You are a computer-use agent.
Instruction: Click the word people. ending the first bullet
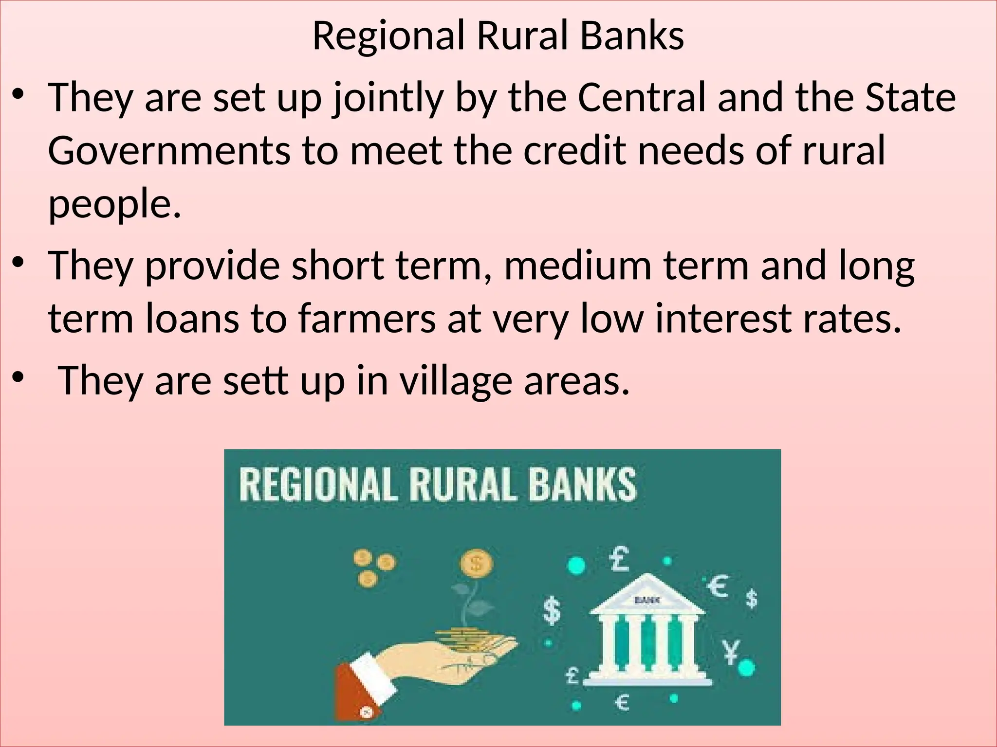pyautogui.click(x=115, y=204)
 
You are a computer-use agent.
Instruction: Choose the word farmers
pyautogui.click(x=367, y=319)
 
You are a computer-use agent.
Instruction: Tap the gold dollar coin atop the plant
pyautogui.click(x=476, y=564)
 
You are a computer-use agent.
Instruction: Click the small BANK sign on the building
pyautogui.click(x=647, y=600)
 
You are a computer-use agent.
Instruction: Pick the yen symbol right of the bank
pyautogui.click(x=730, y=651)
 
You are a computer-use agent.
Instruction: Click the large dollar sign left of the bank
pyautogui.click(x=552, y=611)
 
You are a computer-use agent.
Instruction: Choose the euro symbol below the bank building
pyautogui.click(x=622, y=702)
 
